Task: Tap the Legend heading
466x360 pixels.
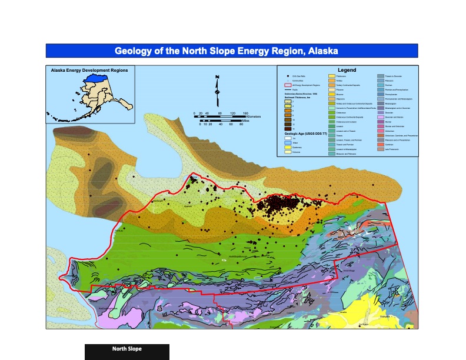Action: (x=347, y=71)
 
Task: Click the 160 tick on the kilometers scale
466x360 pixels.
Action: (x=246, y=113)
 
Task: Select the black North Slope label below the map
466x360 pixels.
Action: (x=127, y=349)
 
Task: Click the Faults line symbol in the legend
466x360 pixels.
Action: (x=281, y=89)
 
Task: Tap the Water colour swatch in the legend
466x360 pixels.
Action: (x=281, y=142)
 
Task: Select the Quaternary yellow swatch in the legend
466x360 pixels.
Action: (x=281, y=147)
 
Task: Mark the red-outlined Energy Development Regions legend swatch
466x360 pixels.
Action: (x=281, y=85)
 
